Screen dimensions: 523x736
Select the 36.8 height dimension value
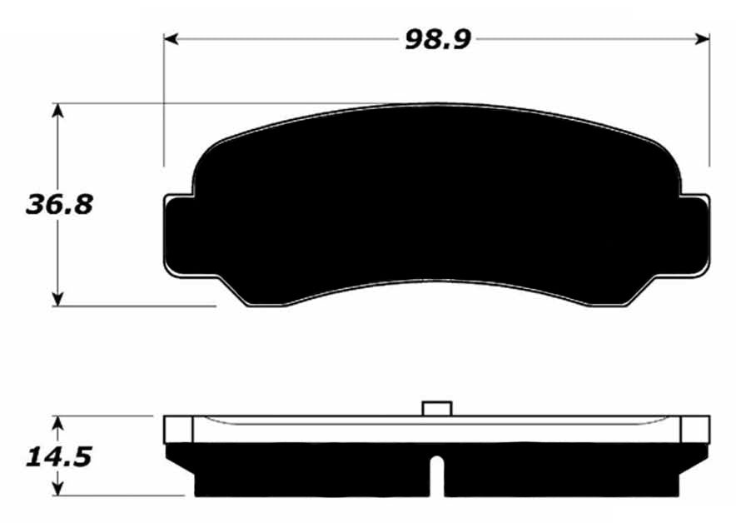(59, 204)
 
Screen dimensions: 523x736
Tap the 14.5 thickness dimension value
(57, 456)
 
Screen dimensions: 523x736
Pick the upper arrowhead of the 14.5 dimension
(57, 423)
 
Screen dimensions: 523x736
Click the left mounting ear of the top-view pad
(177, 235)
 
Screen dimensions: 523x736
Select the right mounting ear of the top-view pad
(698, 235)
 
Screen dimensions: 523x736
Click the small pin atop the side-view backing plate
(437, 408)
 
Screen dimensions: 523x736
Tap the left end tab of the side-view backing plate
(178, 429)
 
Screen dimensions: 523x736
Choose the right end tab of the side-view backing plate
(695, 429)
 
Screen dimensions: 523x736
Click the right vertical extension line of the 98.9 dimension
(709, 100)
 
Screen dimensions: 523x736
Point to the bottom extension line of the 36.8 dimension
(133, 306)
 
